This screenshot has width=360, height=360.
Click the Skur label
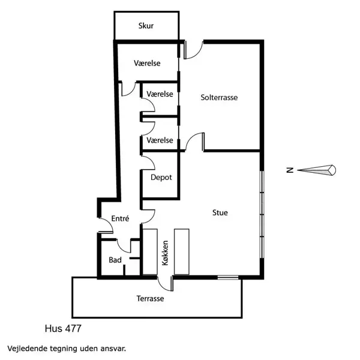[146, 25]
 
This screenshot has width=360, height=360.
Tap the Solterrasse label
[219, 97]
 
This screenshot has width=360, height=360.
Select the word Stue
[220, 212]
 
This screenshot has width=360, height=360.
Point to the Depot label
[161, 178]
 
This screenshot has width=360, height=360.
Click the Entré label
[121, 219]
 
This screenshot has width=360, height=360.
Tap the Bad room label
[115, 260]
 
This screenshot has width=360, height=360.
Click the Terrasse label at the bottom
[150, 298]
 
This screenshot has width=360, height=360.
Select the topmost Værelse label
[147, 64]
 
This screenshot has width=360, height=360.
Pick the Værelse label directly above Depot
[160, 140]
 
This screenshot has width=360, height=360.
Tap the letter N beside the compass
[290, 170]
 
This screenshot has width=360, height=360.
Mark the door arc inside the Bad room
[124, 245]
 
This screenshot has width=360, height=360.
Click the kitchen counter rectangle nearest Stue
[181, 251]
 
